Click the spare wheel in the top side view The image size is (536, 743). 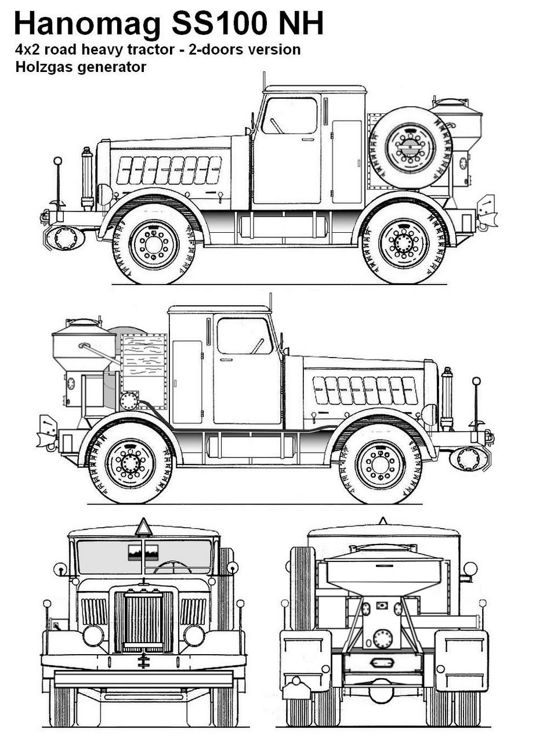[410, 147]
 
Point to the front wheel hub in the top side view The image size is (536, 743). [154, 244]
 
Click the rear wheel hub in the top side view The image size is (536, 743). [404, 243]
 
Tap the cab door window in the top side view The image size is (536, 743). [289, 116]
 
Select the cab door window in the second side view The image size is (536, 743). [244, 336]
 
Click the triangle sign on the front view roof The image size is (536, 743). [143, 528]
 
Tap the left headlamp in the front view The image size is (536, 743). [93, 635]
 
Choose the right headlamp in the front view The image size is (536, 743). [194, 635]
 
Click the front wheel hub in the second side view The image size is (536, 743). [381, 464]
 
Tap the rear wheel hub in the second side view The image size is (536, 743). [131, 463]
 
